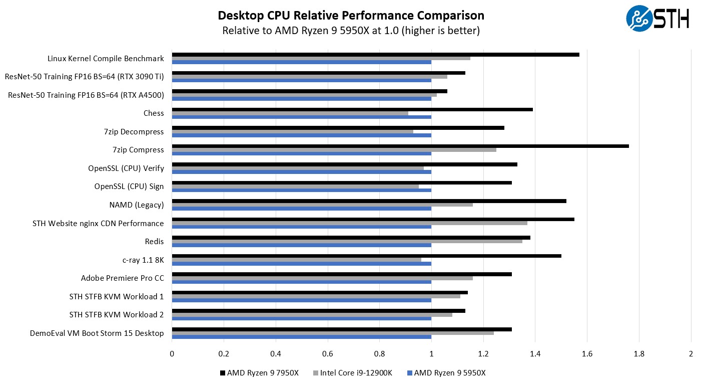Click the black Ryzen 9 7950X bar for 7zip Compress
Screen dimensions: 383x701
400,146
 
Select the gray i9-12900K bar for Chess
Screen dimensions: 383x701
290,113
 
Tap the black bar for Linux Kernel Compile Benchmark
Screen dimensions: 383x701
375,55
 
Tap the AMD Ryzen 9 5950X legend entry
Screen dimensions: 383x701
446,373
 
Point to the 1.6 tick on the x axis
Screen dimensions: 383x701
587,353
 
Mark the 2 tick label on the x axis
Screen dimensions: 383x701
691,353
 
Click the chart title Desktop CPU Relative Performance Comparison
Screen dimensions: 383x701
351,16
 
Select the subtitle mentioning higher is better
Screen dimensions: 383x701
351,31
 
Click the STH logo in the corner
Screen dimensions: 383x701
657,19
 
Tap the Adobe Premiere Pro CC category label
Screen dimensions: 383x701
123,278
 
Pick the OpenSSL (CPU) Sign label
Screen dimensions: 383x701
129,186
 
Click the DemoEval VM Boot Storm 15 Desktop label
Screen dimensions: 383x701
97,333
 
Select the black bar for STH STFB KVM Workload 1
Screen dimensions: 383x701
320,292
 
